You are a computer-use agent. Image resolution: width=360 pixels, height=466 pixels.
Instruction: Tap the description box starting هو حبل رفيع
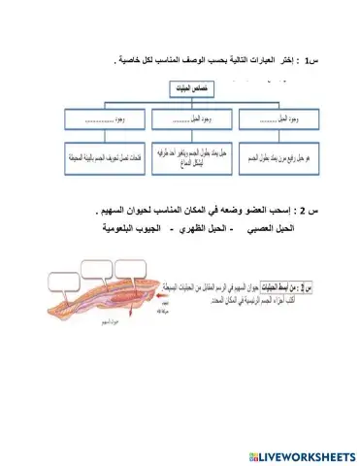266,156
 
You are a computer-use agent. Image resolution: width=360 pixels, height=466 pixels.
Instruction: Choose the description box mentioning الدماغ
180,156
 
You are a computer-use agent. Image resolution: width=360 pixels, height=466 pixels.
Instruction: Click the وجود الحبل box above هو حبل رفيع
266,123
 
